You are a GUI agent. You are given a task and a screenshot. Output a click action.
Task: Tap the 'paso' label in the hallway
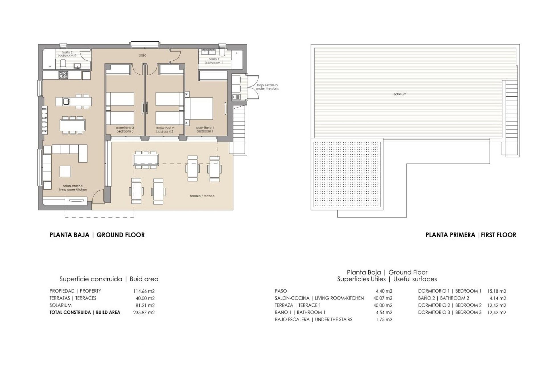click(x=143, y=55)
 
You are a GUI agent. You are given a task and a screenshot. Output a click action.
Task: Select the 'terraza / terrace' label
click(x=202, y=196)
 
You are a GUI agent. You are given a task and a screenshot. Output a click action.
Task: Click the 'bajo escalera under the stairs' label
click(x=267, y=87)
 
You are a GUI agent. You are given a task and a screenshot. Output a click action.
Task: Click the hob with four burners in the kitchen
click(x=63, y=75)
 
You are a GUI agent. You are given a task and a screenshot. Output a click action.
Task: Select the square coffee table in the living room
click(x=65, y=171)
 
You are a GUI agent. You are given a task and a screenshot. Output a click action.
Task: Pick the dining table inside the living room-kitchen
click(x=72, y=124)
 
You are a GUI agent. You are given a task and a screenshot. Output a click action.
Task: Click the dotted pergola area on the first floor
click(x=348, y=174)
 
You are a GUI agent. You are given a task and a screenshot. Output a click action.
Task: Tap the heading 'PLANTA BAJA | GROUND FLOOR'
click(x=97, y=235)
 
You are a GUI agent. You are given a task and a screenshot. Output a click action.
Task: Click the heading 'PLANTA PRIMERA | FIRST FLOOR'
click(x=471, y=235)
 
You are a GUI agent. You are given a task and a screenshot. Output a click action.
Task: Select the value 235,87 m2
click(x=144, y=312)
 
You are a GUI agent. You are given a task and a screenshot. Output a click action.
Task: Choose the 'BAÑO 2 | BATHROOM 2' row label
click(x=444, y=298)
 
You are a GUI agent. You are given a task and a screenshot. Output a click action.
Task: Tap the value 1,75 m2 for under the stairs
click(x=384, y=320)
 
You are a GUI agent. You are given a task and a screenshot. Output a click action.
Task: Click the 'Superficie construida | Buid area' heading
click(x=109, y=279)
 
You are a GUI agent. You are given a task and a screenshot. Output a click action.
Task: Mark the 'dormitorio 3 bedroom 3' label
click(x=125, y=129)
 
